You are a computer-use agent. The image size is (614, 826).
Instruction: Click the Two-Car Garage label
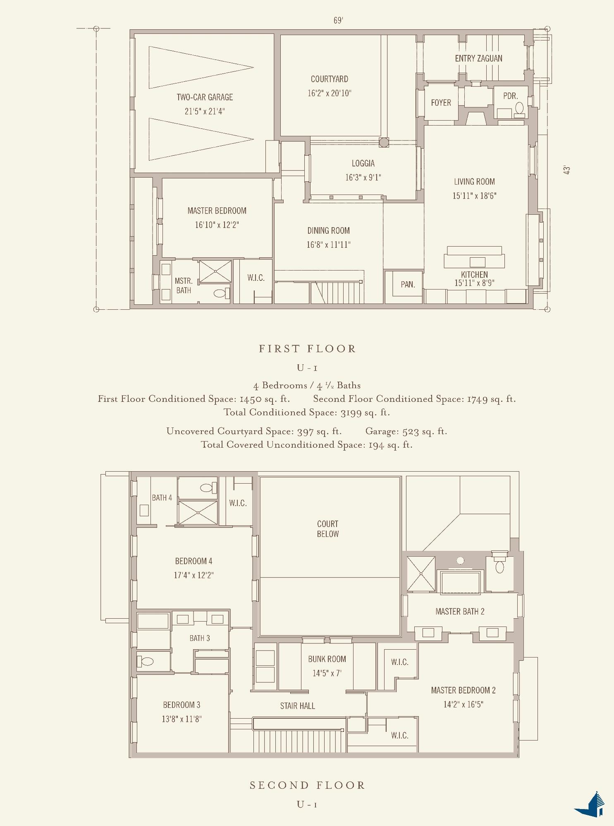(x=205, y=97)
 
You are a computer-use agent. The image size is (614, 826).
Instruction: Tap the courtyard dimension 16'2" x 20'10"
(x=329, y=93)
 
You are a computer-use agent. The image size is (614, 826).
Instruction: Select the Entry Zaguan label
(x=478, y=59)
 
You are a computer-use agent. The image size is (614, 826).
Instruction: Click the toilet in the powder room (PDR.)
(x=519, y=108)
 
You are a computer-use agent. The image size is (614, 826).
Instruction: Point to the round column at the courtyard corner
(x=384, y=142)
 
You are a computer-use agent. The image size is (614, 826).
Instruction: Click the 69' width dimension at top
(x=338, y=21)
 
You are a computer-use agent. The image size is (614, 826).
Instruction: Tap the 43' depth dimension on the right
(x=567, y=170)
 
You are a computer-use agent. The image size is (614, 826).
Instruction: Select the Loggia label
(x=363, y=164)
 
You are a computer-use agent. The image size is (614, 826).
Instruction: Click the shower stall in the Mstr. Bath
(x=215, y=271)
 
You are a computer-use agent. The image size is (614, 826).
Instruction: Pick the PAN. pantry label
(x=408, y=285)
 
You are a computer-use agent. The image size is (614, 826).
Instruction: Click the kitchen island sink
(x=477, y=262)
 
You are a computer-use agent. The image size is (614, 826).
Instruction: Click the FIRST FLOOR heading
(x=307, y=349)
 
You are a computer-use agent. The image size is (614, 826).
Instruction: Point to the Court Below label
(x=327, y=529)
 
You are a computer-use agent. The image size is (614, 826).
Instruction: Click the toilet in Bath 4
(x=206, y=488)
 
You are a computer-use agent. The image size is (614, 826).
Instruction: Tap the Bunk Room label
(x=327, y=659)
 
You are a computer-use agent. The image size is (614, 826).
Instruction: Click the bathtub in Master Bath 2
(x=460, y=582)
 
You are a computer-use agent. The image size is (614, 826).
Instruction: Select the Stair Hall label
(x=297, y=706)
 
